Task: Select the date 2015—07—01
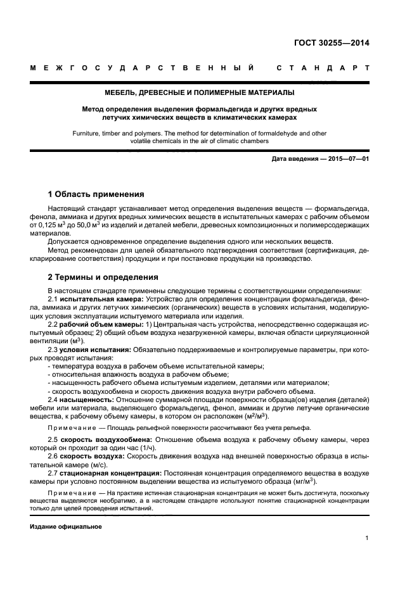click(x=348, y=158)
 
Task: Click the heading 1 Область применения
click(x=96, y=194)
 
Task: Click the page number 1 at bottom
click(x=367, y=538)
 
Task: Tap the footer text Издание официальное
click(x=66, y=527)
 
